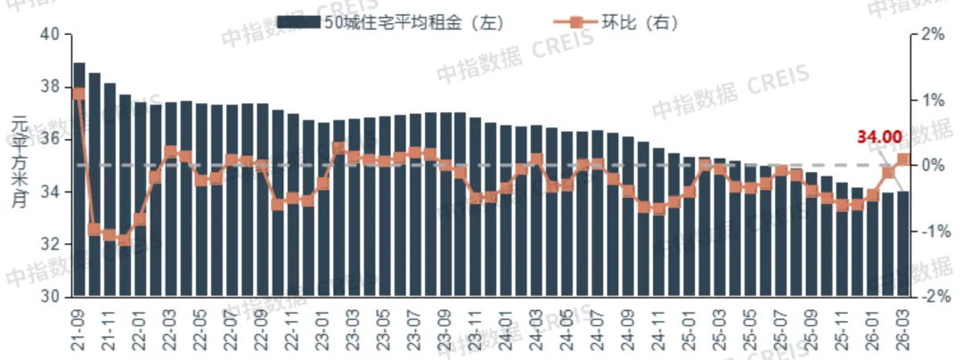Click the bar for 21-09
79,178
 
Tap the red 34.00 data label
879,137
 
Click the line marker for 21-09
79,93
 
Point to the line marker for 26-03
902,160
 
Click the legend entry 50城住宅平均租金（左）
392,22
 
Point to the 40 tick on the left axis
49,35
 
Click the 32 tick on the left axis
49,244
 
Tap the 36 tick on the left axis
49,139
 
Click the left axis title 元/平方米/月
20,165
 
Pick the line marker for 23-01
323,184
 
